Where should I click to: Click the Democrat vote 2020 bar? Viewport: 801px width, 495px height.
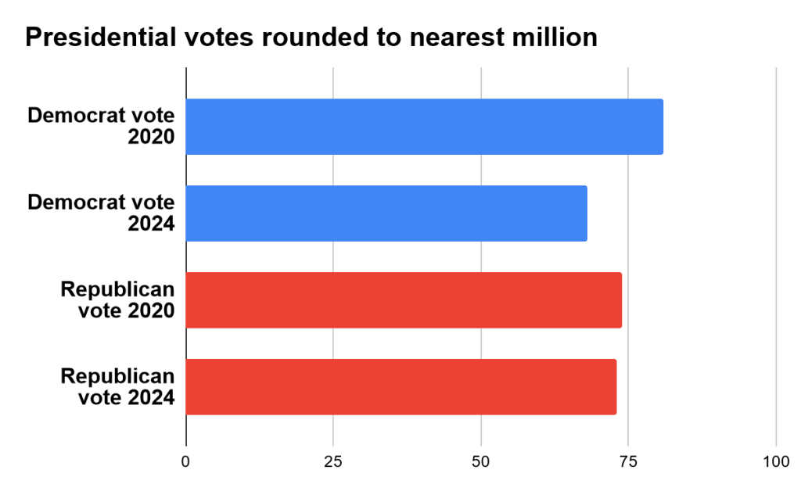click(424, 127)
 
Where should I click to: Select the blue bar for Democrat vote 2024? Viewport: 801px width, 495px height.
click(386, 213)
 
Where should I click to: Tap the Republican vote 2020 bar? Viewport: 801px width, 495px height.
click(404, 300)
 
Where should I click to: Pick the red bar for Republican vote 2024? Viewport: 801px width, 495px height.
click(400, 387)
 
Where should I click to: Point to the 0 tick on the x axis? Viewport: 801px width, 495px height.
click(186, 461)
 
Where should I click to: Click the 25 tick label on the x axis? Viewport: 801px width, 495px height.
click(333, 461)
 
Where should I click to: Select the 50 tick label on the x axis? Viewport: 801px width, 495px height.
click(481, 461)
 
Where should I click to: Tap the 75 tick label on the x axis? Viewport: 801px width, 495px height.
click(628, 461)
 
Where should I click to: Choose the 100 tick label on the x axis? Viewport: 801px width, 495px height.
click(776, 461)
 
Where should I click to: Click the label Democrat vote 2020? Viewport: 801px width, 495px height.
click(101, 127)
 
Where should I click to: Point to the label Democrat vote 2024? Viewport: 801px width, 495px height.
click(101, 213)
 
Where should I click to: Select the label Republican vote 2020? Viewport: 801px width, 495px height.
click(117, 300)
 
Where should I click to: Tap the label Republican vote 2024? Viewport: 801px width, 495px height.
click(117, 387)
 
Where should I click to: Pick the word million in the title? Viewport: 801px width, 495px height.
click(555, 37)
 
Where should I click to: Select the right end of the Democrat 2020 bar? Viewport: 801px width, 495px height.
click(662, 127)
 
